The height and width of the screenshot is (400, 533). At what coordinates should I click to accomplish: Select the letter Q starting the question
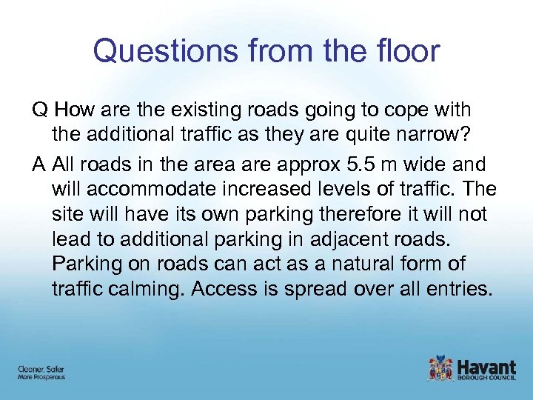click(x=39, y=110)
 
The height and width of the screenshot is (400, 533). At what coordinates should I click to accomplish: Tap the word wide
click(x=432, y=164)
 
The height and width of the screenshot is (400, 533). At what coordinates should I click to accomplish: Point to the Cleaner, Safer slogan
click(x=41, y=368)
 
